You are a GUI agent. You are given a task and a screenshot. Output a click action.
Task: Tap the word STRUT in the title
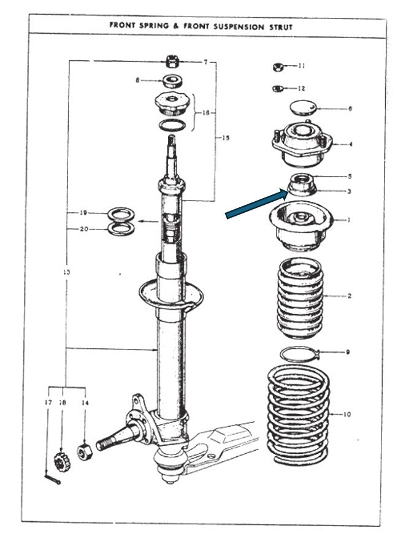(x=281, y=27)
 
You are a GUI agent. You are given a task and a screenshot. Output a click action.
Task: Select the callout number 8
(x=138, y=80)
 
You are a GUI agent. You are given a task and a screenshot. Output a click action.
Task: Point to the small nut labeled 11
(x=278, y=67)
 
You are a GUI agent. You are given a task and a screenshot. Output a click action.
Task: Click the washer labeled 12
(x=278, y=89)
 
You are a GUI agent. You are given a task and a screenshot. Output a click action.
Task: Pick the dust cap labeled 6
(x=304, y=107)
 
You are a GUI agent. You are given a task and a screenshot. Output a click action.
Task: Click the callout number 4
(x=350, y=144)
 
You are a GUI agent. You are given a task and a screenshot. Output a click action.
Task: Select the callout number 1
(x=349, y=220)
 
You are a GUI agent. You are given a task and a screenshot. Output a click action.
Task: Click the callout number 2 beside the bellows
(x=350, y=296)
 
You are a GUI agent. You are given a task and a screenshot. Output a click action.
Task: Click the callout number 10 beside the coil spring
(x=347, y=414)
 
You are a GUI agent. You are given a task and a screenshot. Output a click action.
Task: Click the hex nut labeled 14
(x=83, y=452)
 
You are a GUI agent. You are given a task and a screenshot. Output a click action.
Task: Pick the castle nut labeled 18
(x=62, y=462)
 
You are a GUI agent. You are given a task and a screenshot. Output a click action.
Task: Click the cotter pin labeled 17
(x=52, y=479)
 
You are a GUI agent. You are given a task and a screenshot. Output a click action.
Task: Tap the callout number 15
(x=226, y=138)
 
